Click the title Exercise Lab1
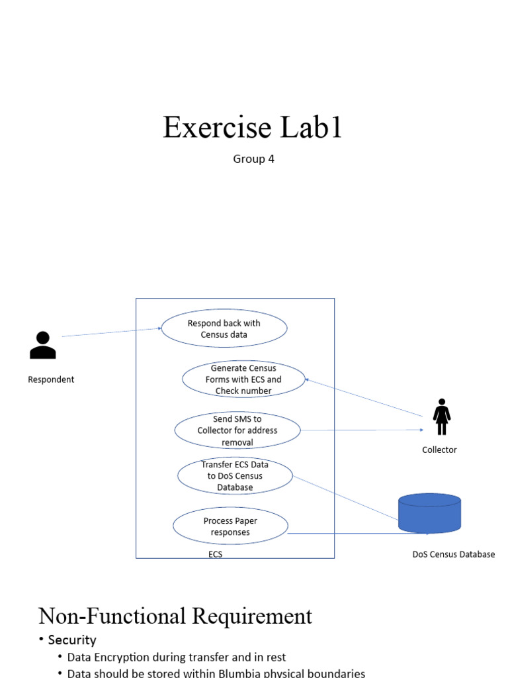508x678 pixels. (x=253, y=127)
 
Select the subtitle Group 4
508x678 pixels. (x=253, y=159)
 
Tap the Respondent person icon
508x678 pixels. (x=43, y=345)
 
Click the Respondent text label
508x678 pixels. (x=51, y=379)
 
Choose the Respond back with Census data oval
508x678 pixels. (x=224, y=329)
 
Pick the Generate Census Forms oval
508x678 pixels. (x=243, y=379)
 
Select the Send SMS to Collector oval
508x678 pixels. (x=237, y=430)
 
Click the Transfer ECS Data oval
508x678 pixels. (x=235, y=475)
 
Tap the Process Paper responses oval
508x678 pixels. (x=230, y=526)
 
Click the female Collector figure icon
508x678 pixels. (x=441, y=417)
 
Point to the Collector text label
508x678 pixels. (x=439, y=450)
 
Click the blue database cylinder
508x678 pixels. (x=429, y=513)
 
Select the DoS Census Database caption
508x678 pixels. (x=453, y=554)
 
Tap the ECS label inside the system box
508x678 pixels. (x=216, y=555)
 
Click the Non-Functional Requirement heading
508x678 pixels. (x=175, y=616)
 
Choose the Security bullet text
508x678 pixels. (x=72, y=640)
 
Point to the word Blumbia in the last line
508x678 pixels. (x=230, y=673)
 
